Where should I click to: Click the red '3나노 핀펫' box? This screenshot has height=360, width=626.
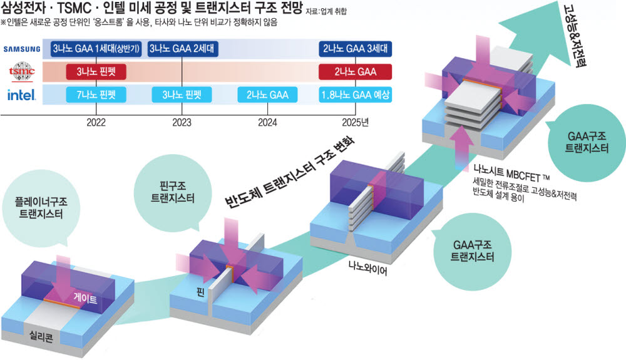(x=96, y=72)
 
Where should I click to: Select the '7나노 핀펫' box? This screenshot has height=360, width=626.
(x=96, y=95)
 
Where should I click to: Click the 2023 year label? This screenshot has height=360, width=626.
(x=182, y=121)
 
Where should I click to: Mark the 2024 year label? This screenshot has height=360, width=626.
(x=267, y=121)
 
